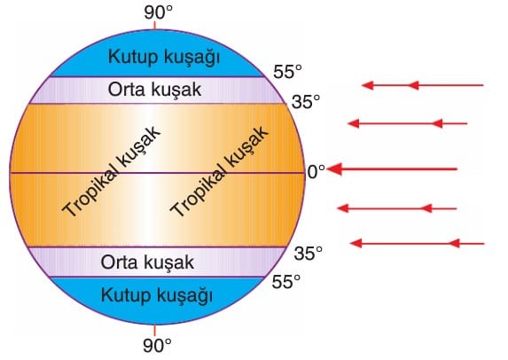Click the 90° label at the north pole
pyautogui.click(x=158, y=13)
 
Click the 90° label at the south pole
pyautogui.click(x=157, y=346)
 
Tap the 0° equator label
pyautogui.click(x=316, y=172)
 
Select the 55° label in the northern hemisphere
pyautogui.click(x=287, y=72)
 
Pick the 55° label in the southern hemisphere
pyautogui.click(x=285, y=282)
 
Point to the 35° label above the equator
pyautogui.click(x=306, y=102)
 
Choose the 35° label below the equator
pyautogui.click(x=309, y=253)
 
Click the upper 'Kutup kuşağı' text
pyautogui.click(x=164, y=58)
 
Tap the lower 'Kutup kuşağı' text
pyautogui.click(x=157, y=296)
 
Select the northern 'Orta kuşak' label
pyautogui.click(x=154, y=90)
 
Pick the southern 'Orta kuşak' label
pyautogui.click(x=147, y=262)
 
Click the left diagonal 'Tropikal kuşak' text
pyautogui.click(x=111, y=171)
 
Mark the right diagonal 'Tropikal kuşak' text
pyautogui.click(x=219, y=171)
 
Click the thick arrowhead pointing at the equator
pyautogui.click(x=334, y=169)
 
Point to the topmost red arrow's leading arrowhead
pyautogui.click(x=367, y=85)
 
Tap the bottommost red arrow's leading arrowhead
pyautogui.click(x=356, y=243)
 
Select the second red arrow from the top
pyautogui.click(x=407, y=123)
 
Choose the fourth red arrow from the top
pyautogui.click(x=397, y=208)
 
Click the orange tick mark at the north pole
pyautogui.click(x=155, y=26)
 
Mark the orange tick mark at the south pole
pyautogui.click(x=154, y=330)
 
